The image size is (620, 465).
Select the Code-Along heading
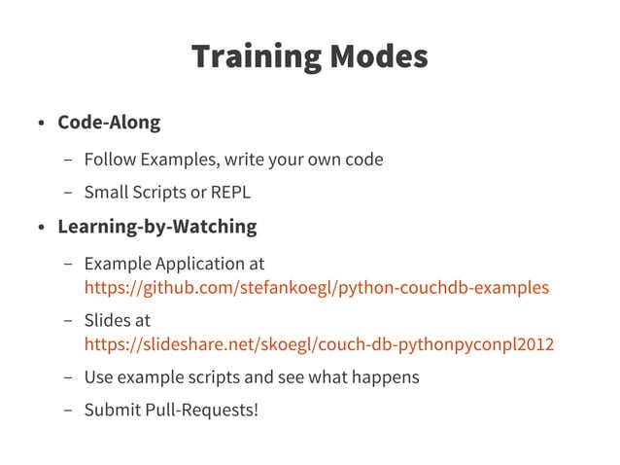108,124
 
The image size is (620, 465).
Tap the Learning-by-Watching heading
156,228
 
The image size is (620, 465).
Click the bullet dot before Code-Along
42,125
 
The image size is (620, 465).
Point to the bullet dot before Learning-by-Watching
42,229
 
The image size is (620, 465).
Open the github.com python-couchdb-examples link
316,288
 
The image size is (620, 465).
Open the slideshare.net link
319,344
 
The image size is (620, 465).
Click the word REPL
230,193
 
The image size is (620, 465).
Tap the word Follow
110,159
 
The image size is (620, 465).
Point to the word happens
386,376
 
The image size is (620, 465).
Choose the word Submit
113,409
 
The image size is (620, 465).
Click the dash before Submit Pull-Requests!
67,410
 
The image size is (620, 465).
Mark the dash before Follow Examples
67,160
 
